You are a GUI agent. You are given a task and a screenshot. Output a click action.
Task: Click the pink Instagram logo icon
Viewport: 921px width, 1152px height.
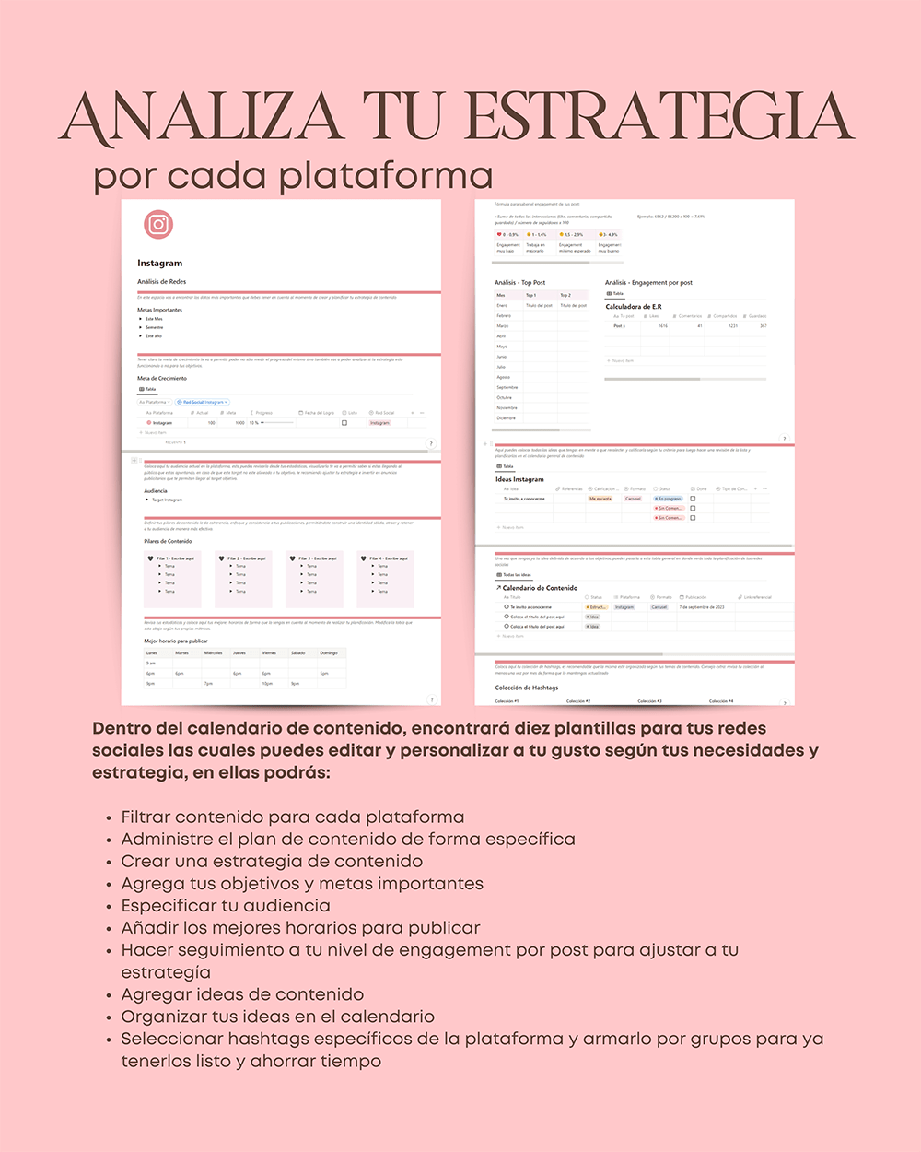coord(158,224)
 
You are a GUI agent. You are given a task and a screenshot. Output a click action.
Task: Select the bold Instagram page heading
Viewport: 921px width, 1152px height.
coord(160,264)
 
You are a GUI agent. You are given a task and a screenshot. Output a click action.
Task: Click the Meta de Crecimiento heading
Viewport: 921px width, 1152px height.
coord(162,378)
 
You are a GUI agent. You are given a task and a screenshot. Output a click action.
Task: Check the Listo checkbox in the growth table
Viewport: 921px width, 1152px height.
coord(344,423)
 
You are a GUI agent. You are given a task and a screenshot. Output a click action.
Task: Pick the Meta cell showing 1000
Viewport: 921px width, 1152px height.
coord(239,423)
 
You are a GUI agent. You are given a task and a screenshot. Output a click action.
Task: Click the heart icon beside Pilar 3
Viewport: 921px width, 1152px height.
coord(292,558)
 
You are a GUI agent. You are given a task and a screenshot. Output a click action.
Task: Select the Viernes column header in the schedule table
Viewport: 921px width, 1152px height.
coord(269,652)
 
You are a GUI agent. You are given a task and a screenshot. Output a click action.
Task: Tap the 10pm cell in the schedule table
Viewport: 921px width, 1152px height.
coord(266,684)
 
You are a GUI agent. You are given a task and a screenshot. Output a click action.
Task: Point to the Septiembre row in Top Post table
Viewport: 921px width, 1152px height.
coord(507,387)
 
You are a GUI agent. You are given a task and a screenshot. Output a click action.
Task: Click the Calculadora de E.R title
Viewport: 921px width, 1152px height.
coord(634,307)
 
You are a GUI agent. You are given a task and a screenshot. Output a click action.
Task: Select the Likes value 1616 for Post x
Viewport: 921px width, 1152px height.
coord(663,326)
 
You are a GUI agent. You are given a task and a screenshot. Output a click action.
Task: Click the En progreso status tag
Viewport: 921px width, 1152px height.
coord(669,499)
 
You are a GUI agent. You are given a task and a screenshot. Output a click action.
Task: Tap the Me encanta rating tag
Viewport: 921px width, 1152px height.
coord(600,499)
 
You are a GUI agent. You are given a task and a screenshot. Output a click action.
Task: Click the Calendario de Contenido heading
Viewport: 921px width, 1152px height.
coord(540,588)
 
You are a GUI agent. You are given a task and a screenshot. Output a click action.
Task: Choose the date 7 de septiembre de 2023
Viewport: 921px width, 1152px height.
coord(702,607)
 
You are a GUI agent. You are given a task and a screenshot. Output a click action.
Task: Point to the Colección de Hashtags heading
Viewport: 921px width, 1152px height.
coord(527,688)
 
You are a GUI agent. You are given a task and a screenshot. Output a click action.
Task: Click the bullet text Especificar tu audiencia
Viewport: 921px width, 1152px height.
coord(226,906)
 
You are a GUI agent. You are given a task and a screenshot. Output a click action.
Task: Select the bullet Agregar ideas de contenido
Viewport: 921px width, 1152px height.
coord(242,994)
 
